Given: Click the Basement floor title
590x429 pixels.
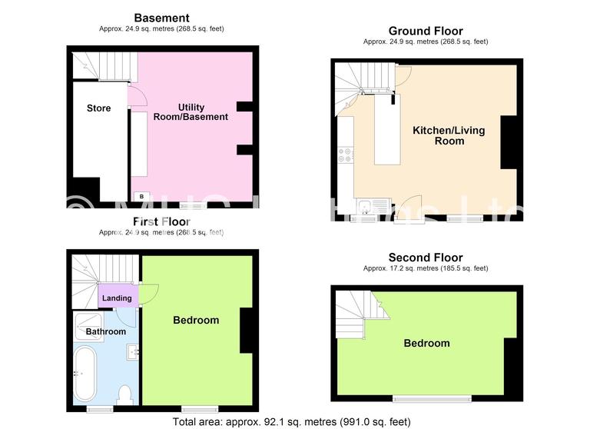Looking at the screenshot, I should coord(161,18).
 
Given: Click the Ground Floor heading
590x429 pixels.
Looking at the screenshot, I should coord(425,31).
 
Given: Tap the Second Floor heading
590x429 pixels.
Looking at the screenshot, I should coord(425,258).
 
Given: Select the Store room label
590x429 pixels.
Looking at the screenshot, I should coord(98,108).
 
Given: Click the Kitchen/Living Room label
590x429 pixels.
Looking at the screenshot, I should coord(449,135).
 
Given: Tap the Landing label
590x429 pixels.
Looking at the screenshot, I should coord(117,298).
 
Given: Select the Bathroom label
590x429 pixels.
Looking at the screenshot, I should coord(105,331).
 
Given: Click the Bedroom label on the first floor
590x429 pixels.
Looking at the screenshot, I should coord(196,320).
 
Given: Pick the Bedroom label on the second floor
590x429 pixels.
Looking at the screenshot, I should coord(426,343).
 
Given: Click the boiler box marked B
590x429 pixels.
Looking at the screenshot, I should coord(141,197).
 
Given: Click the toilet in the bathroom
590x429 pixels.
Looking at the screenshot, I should coord(126,395).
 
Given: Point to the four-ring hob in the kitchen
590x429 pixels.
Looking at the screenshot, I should coord(344,155).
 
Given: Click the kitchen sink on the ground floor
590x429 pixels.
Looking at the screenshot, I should coord(366,206).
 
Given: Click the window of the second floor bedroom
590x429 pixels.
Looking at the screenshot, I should coord(432,397).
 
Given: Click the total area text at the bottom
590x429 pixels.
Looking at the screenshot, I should coord(292,421).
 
